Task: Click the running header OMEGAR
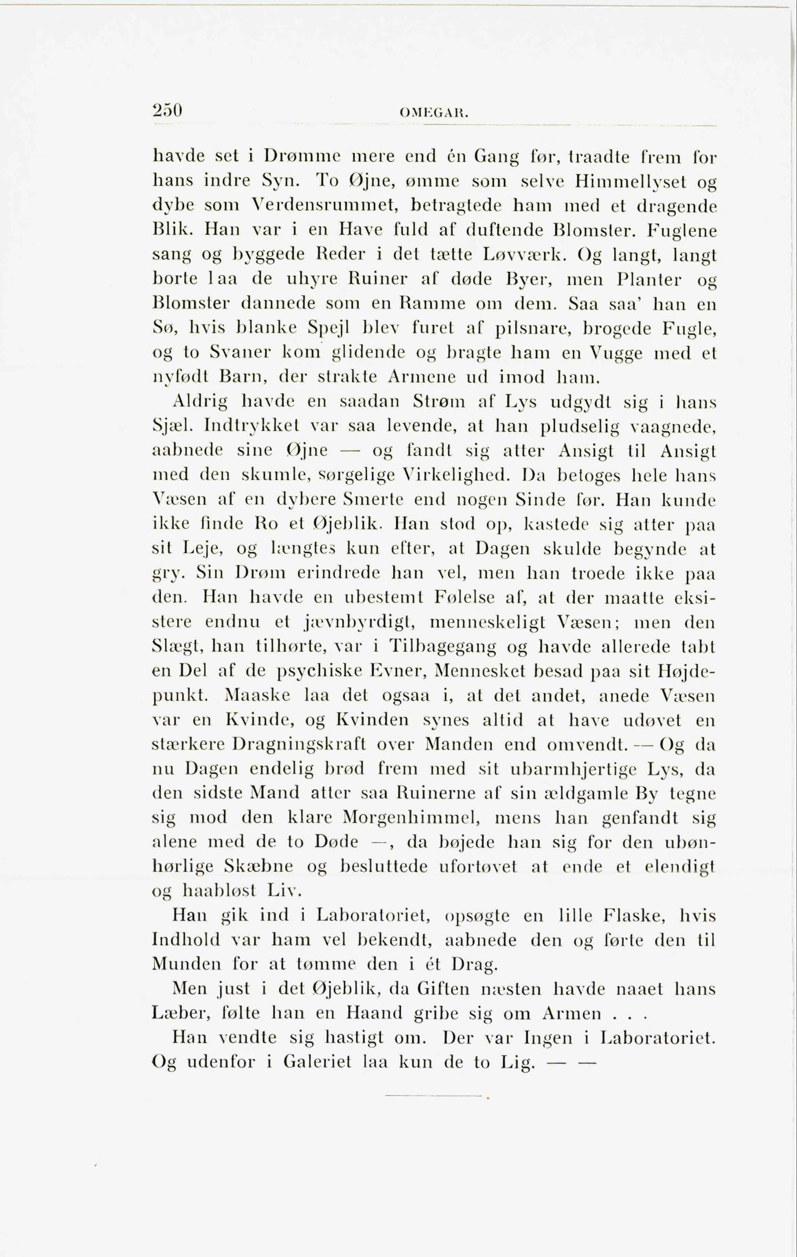(433, 112)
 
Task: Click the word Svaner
(240, 352)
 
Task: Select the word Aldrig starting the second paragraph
(200, 401)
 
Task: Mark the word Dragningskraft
(299, 744)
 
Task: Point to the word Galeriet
(317, 1062)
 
